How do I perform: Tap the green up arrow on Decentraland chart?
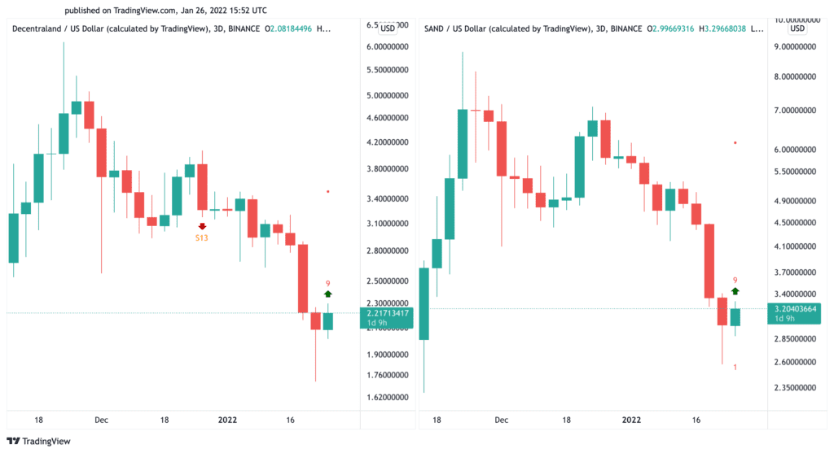(327, 294)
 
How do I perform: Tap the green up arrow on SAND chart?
(735, 290)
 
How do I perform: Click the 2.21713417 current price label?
(385, 313)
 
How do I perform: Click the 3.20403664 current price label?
(794, 309)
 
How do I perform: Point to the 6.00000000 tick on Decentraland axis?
(387, 47)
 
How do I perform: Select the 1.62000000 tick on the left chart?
(387, 398)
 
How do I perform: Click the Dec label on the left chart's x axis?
(101, 420)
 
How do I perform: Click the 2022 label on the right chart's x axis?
(632, 420)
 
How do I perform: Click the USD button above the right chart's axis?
(797, 28)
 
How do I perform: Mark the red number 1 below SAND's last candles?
(735, 368)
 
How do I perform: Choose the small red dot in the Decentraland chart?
(327, 192)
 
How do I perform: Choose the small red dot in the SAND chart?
(735, 143)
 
